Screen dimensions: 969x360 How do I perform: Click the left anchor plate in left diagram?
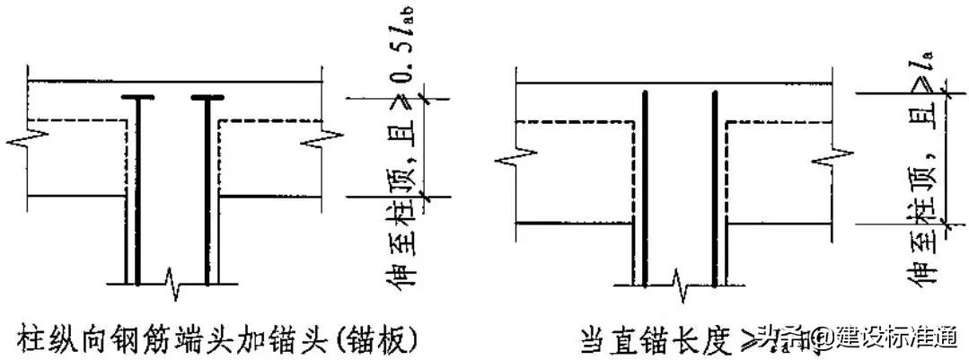[138, 97]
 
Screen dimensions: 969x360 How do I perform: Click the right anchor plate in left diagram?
[207, 97]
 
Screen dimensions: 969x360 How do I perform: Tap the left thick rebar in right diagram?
[643, 189]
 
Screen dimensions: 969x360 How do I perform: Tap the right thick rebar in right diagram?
[716, 189]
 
